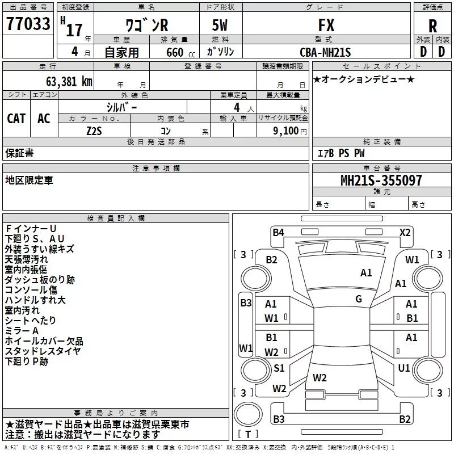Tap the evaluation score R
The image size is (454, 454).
tap(432, 26)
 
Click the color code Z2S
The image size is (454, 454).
tap(94, 130)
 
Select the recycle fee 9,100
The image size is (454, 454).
tap(287, 131)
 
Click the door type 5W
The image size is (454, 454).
tap(221, 26)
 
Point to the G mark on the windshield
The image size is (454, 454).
tap(359, 299)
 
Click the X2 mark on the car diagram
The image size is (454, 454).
tap(405, 232)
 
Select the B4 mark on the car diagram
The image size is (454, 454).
tap(278, 232)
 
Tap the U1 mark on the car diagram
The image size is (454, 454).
tap(403, 368)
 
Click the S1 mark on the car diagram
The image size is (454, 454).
tap(279, 368)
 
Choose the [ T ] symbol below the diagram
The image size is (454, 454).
tap(249, 434)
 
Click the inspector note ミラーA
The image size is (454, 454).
tap(22, 331)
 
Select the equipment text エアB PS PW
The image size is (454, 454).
tap(340, 153)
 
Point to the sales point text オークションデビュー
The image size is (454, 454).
tap(364, 79)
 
